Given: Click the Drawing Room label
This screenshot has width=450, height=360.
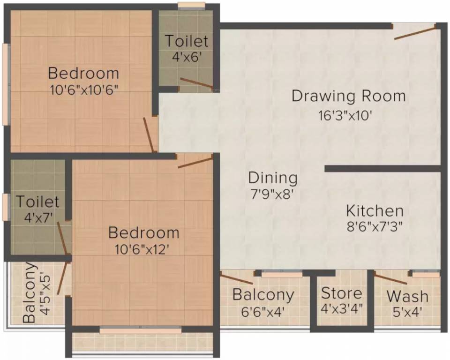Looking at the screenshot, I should point(348,96).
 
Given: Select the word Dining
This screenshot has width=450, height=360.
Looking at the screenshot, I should point(273,178).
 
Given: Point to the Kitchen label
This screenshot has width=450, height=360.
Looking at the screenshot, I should point(375,210).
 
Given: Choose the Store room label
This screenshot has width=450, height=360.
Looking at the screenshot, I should point(341,293).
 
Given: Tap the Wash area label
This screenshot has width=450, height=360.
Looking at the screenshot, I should point(407,296).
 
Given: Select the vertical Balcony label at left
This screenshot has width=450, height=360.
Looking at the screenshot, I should point(29,292).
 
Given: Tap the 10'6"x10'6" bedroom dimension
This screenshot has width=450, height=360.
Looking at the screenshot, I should point(83,89).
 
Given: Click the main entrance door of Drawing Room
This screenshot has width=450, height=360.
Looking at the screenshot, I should point(415,33).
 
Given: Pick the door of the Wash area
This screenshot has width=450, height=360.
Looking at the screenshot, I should point(390,278).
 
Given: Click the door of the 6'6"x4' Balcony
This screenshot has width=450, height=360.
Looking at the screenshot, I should point(237,279).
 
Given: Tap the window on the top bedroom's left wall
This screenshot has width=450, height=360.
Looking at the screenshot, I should point(5,84).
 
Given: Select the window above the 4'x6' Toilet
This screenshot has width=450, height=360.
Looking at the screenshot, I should point(191,6).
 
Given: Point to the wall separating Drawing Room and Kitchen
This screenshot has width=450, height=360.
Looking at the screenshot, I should point(382,168).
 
